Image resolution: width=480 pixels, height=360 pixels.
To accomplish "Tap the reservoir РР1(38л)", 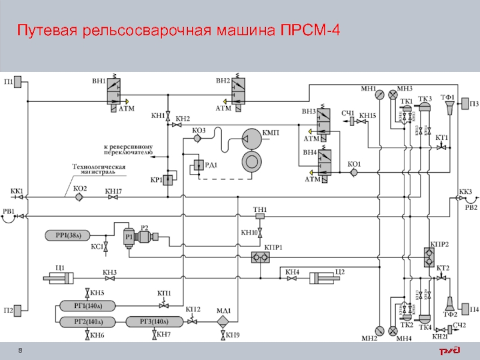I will pyautogui.click(x=68, y=235).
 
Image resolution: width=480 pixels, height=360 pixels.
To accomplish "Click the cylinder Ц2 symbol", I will pyautogui.click(x=325, y=278).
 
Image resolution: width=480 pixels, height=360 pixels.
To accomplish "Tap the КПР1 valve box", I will pyautogui.click(x=260, y=257).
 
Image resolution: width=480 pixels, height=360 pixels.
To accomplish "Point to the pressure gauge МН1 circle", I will pyautogui.click(x=379, y=94).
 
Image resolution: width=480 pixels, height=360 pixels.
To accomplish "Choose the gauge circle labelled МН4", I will pyautogui.click(x=393, y=330).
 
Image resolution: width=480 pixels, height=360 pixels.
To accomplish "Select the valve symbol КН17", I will pyautogui.click(x=113, y=197).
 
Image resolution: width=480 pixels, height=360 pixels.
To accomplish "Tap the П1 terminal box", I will pyautogui.click(x=17, y=81).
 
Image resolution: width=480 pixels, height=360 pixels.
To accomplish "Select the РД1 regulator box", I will pyautogui.click(x=198, y=166).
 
